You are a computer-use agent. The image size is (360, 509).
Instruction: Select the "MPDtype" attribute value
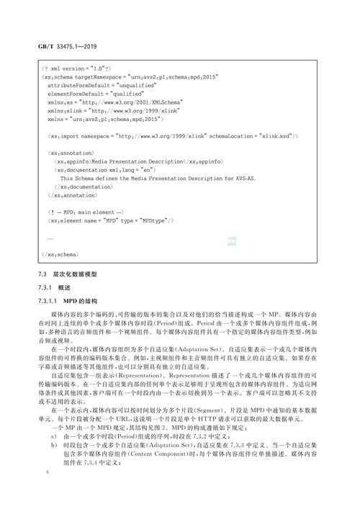point(153,222)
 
